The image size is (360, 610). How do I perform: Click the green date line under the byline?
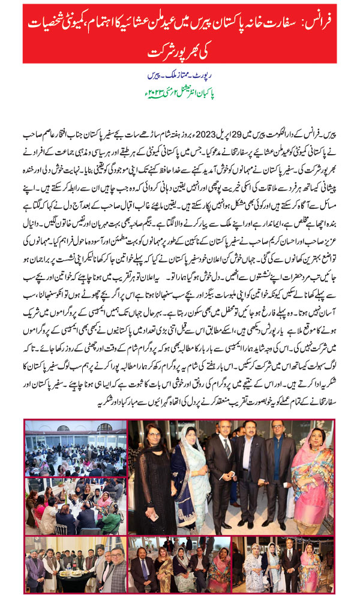pyautogui.click(x=179, y=94)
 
